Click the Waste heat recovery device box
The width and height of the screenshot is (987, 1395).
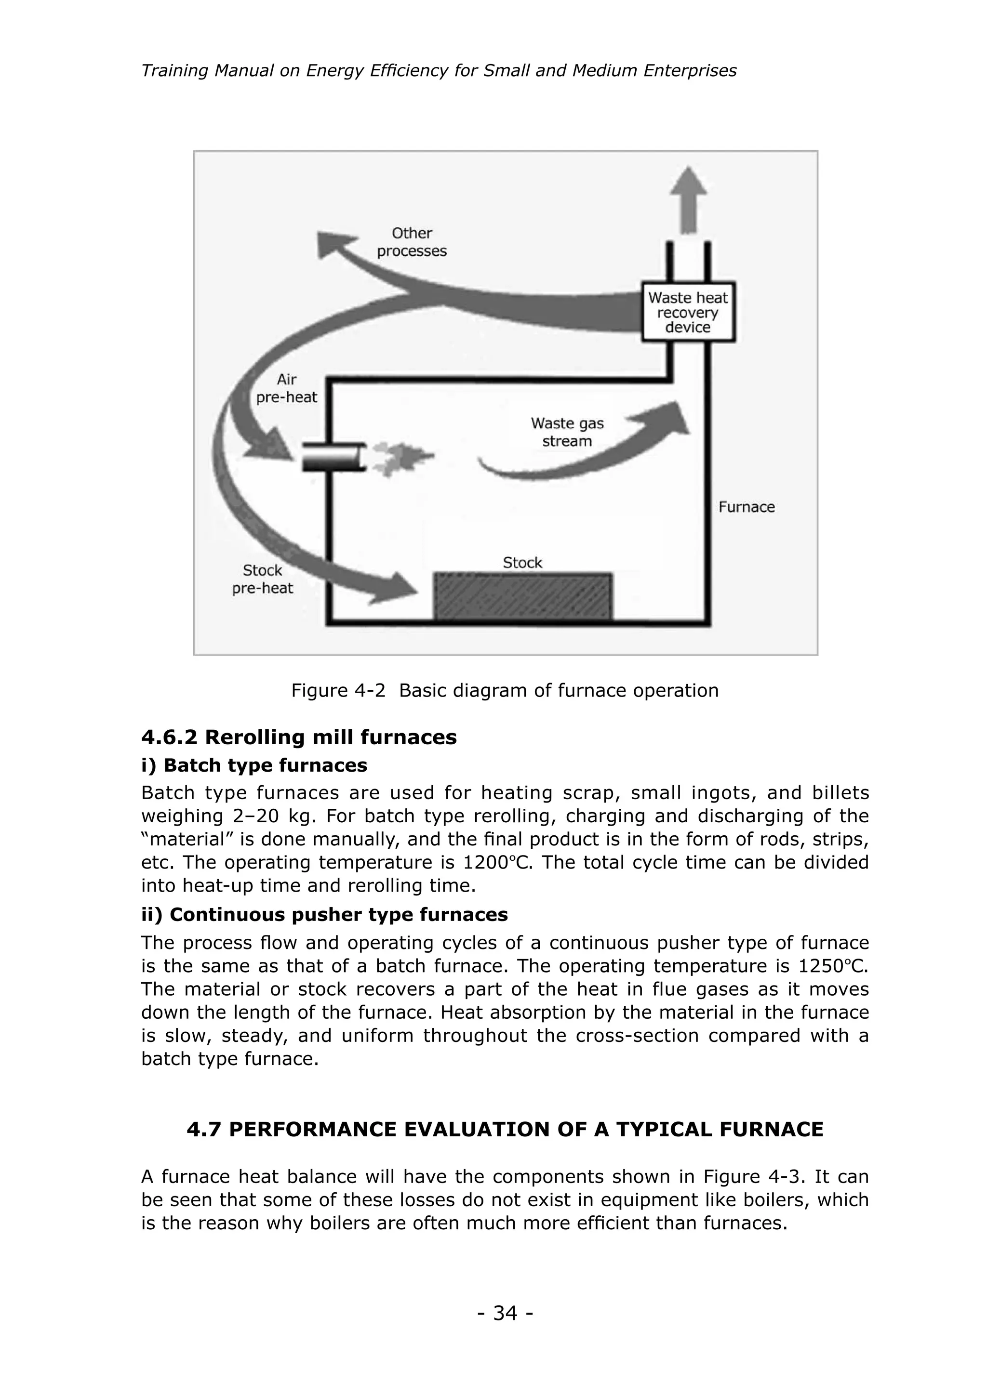pyautogui.click(x=688, y=312)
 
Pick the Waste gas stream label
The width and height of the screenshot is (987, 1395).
pyautogui.click(x=567, y=432)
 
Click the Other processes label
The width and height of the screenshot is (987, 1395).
pyautogui.click(x=412, y=242)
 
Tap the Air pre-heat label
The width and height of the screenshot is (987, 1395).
pyautogui.click(x=286, y=388)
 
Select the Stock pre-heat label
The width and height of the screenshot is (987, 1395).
pyautogui.click(x=263, y=579)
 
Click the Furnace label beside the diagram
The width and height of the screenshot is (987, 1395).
pyautogui.click(x=747, y=507)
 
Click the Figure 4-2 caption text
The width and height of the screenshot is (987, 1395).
pyautogui.click(x=505, y=690)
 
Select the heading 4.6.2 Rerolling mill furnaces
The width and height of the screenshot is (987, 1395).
pyautogui.click(x=298, y=737)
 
